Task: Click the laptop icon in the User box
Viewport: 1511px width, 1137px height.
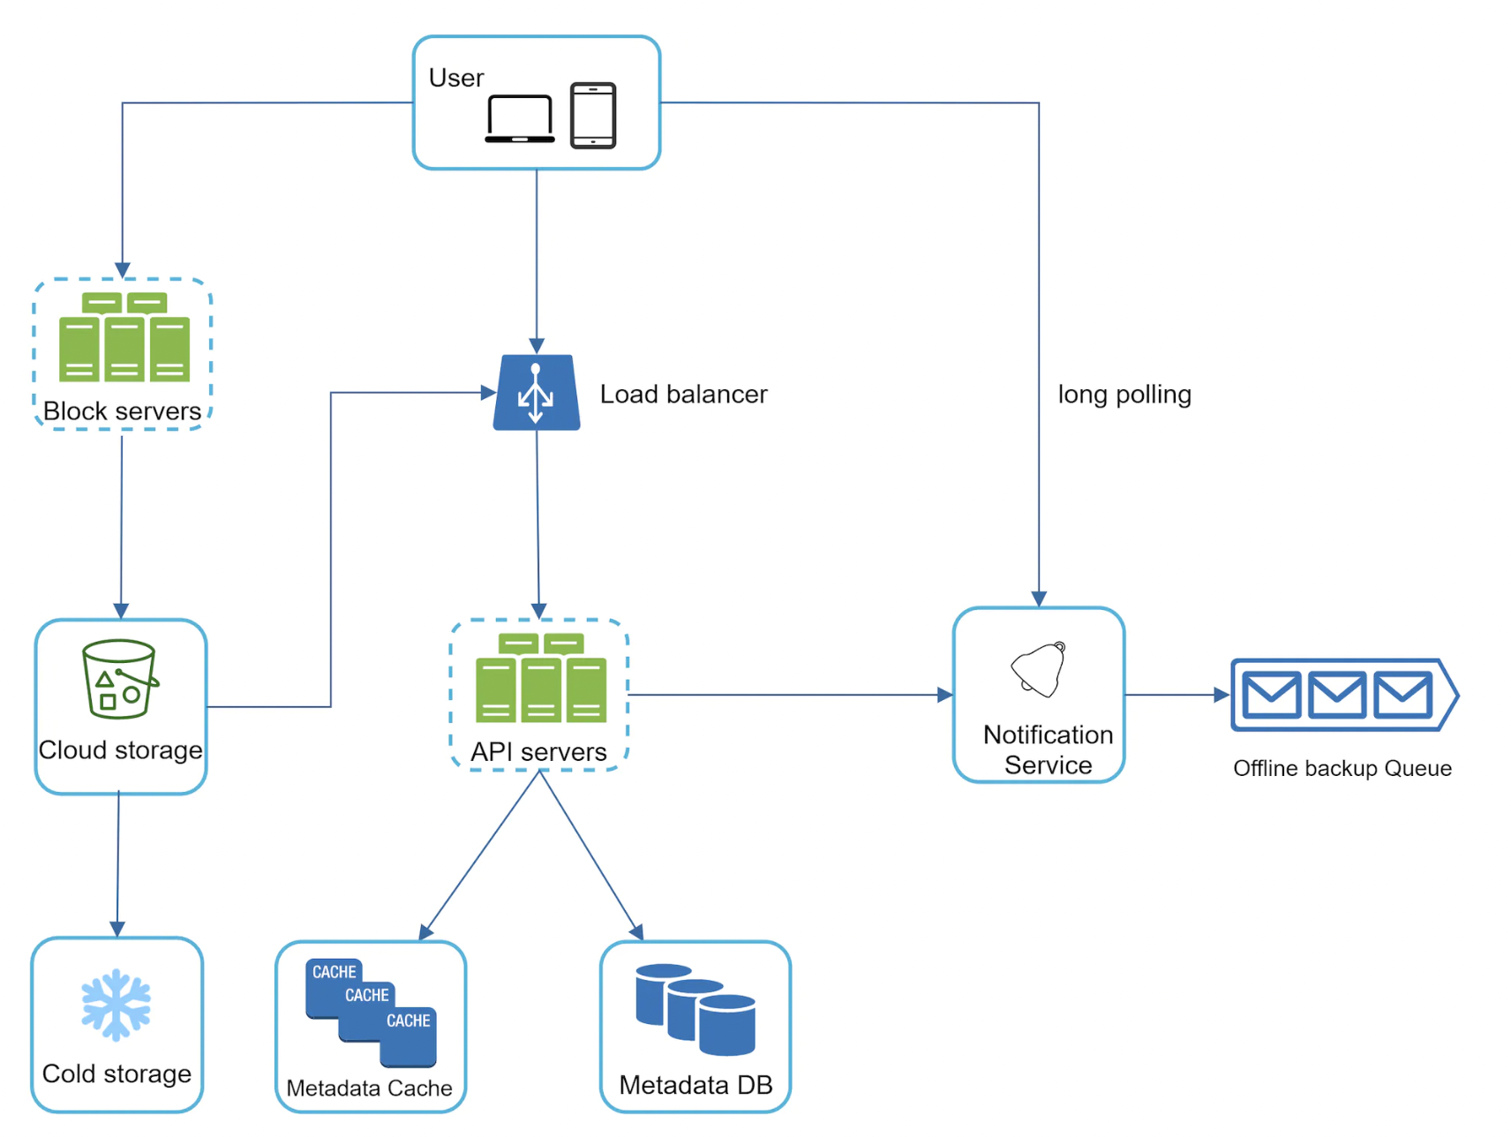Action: pyautogui.click(x=520, y=118)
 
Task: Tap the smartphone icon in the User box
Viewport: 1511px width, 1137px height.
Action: pyautogui.click(x=593, y=116)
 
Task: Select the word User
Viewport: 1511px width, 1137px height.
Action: pyautogui.click(x=456, y=78)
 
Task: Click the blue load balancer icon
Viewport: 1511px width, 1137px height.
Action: pyautogui.click(x=537, y=393)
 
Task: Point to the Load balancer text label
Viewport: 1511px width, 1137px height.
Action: pyautogui.click(x=683, y=394)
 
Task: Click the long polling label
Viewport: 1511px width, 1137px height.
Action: pyautogui.click(x=1124, y=394)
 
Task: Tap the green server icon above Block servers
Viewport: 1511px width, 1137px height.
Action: pyautogui.click(x=124, y=337)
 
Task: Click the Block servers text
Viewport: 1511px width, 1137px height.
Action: pyautogui.click(x=122, y=410)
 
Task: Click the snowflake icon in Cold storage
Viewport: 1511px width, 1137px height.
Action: pyautogui.click(x=117, y=1005)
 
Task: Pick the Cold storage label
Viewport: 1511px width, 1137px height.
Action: pyautogui.click(x=117, y=1073)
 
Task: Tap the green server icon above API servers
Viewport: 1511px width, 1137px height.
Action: pyautogui.click(x=541, y=678)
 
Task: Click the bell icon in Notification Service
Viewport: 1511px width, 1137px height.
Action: pyautogui.click(x=1040, y=669)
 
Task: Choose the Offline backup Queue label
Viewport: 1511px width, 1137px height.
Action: pyautogui.click(x=1342, y=768)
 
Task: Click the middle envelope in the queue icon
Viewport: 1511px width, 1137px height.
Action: pyautogui.click(x=1337, y=695)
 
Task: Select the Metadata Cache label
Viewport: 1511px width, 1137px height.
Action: pyautogui.click(x=369, y=1088)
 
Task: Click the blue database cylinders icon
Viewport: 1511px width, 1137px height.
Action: pyautogui.click(x=695, y=1009)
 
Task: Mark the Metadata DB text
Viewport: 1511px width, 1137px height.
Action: pyautogui.click(x=695, y=1084)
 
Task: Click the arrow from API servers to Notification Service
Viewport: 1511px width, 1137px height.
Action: pyautogui.click(x=790, y=695)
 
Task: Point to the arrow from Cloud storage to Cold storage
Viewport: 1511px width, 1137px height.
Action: pyautogui.click(x=118, y=865)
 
